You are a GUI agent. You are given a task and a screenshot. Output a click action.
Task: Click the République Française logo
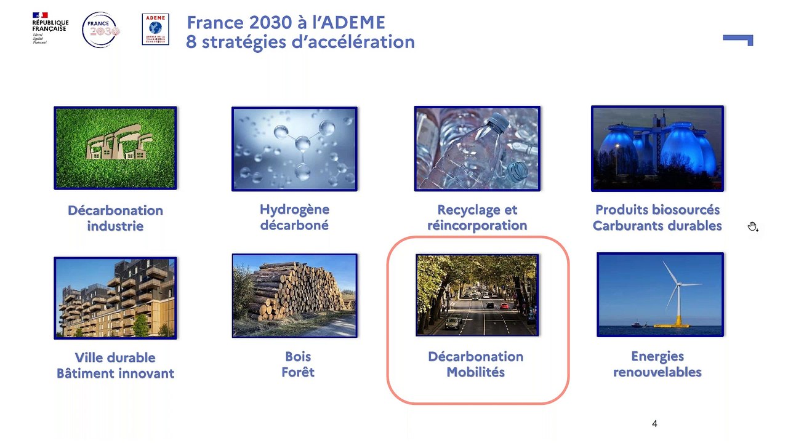click(x=49, y=28)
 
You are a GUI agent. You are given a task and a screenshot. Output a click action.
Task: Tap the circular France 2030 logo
click(x=101, y=30)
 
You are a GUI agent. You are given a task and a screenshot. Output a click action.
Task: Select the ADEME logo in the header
click(x=155, y=30)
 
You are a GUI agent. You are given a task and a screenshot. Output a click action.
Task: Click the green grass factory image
click(x=115, y=148)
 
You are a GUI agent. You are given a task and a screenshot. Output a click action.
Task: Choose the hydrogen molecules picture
click(x=294, y=148)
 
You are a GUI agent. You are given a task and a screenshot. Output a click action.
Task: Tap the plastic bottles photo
click(x=477, y=148)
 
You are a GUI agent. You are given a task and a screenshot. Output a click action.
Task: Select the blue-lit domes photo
click(x=657, y=148)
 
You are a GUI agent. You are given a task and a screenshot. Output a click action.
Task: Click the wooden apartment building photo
click(x=115, y=298)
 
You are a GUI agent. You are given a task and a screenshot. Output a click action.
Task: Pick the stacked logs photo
click(x=294, y=295)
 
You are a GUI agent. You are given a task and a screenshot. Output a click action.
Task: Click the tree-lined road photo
click(x=476, y=295)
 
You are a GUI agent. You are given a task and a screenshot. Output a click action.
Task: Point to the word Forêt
click(x=298, y=372)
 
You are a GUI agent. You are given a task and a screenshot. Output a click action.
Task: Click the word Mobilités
click(x=476, y=372)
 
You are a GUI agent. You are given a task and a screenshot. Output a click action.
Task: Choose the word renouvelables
click(x=657, y=372)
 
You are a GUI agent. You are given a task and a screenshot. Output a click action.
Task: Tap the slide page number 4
click(x=654, y=424)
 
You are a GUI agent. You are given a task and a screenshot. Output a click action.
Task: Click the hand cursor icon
click(x=752, y=227)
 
